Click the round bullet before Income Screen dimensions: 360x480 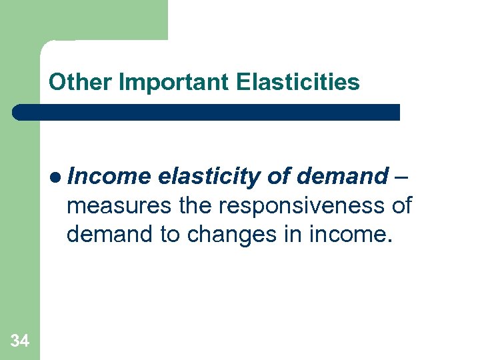click(57, 177)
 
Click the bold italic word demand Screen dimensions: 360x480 click(341, 177)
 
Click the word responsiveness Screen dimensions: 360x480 click(300, 206)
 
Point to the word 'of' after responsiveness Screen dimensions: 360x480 click(401, 205)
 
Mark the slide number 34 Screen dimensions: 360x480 click(20, 341)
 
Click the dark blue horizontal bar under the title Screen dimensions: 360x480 click(207, 112)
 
